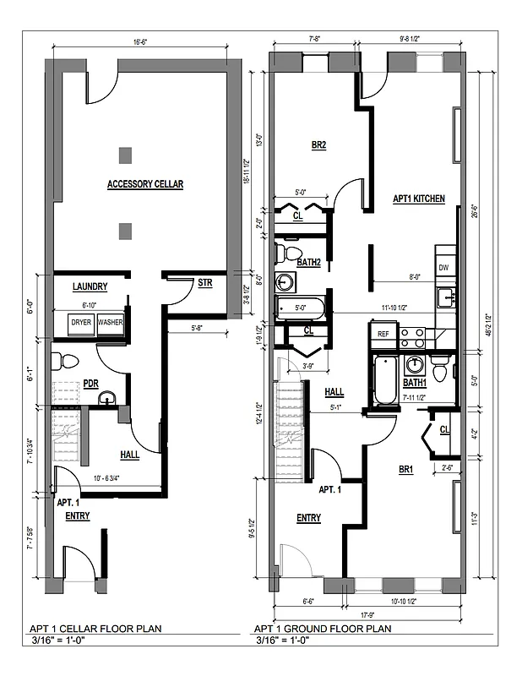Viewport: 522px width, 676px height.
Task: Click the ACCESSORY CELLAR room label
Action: (144, 183)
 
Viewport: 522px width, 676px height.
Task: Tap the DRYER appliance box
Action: (81, 323)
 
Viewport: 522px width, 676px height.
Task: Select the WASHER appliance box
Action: (110, 323)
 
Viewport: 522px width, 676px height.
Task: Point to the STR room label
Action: (204, 283)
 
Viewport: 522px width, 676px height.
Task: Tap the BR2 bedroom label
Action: (318, 144)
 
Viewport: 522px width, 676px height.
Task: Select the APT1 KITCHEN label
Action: (419, 199)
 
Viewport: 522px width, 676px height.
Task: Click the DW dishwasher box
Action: (444, 267)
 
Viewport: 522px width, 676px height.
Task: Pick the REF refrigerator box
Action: (383, 334)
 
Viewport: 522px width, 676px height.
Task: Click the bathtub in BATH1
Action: (385, 379)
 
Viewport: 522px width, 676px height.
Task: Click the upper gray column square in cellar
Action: (125, 155)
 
